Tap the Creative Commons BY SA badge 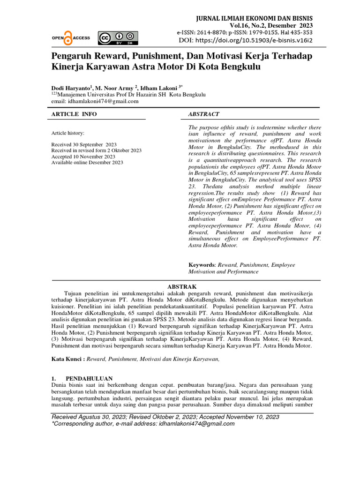pyautogui.click(x=118, y=38)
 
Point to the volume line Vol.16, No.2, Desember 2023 pyautogui.click(x=271, y=25)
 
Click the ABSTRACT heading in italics pyautogui.click(x=203, y=114)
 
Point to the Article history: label pyautogui.click(x=68, y=133)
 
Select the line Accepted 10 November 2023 pyautogui.click(x=83, y=157)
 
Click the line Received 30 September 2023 pyautogui.click(x=84, y=144)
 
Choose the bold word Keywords pyautogui.click(x=202, y=265)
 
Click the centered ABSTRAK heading pyautogui.click(x=182, y=286)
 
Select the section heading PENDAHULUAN pyautogui.click(x=89, y=378)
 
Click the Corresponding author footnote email pyautogui.click(x=197, y=423)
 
